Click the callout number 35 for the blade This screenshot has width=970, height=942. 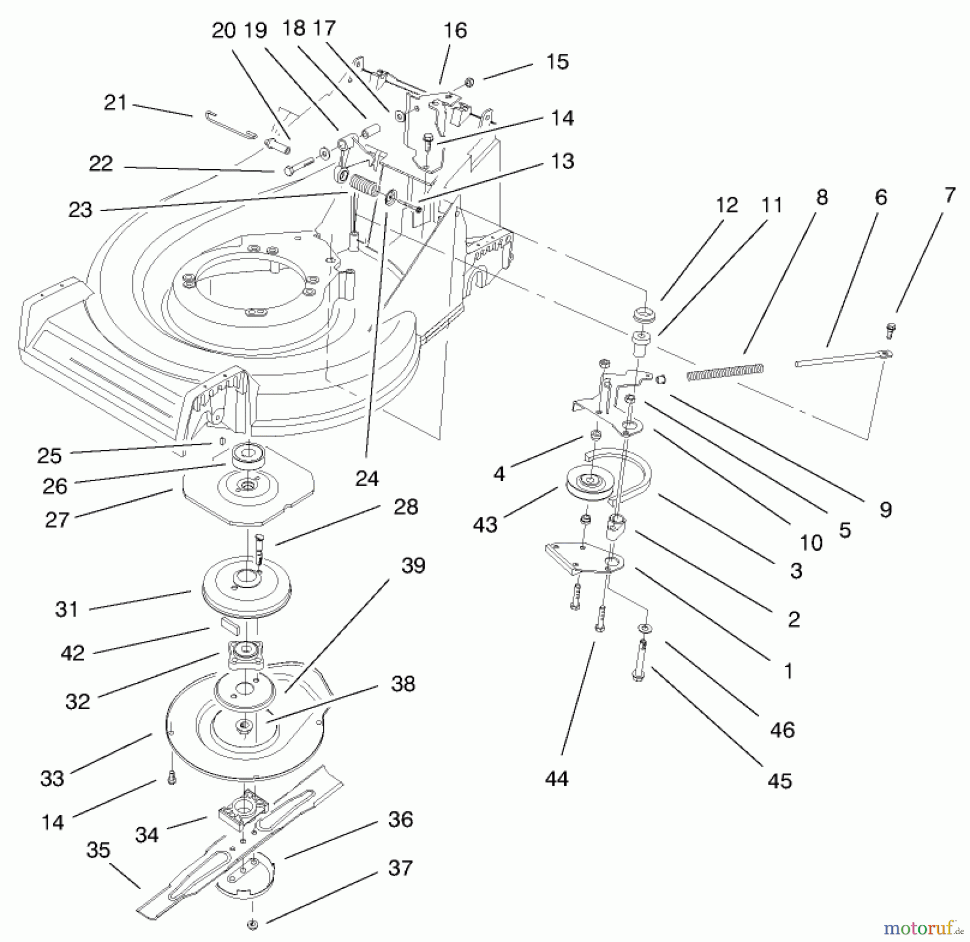point(98,850)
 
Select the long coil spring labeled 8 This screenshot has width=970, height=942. point(725,372)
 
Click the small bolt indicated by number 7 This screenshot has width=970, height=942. point(890,329)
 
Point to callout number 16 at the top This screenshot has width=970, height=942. point(455,31)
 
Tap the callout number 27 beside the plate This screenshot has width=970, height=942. point(57,520)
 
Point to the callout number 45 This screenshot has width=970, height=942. point(780,780)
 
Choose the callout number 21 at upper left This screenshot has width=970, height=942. point(115,102)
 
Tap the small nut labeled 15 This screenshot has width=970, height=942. point(469,82)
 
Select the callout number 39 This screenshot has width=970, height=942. point(413,565)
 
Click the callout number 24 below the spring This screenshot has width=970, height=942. point(367,478)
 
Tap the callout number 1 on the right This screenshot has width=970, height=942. point(788,671)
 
